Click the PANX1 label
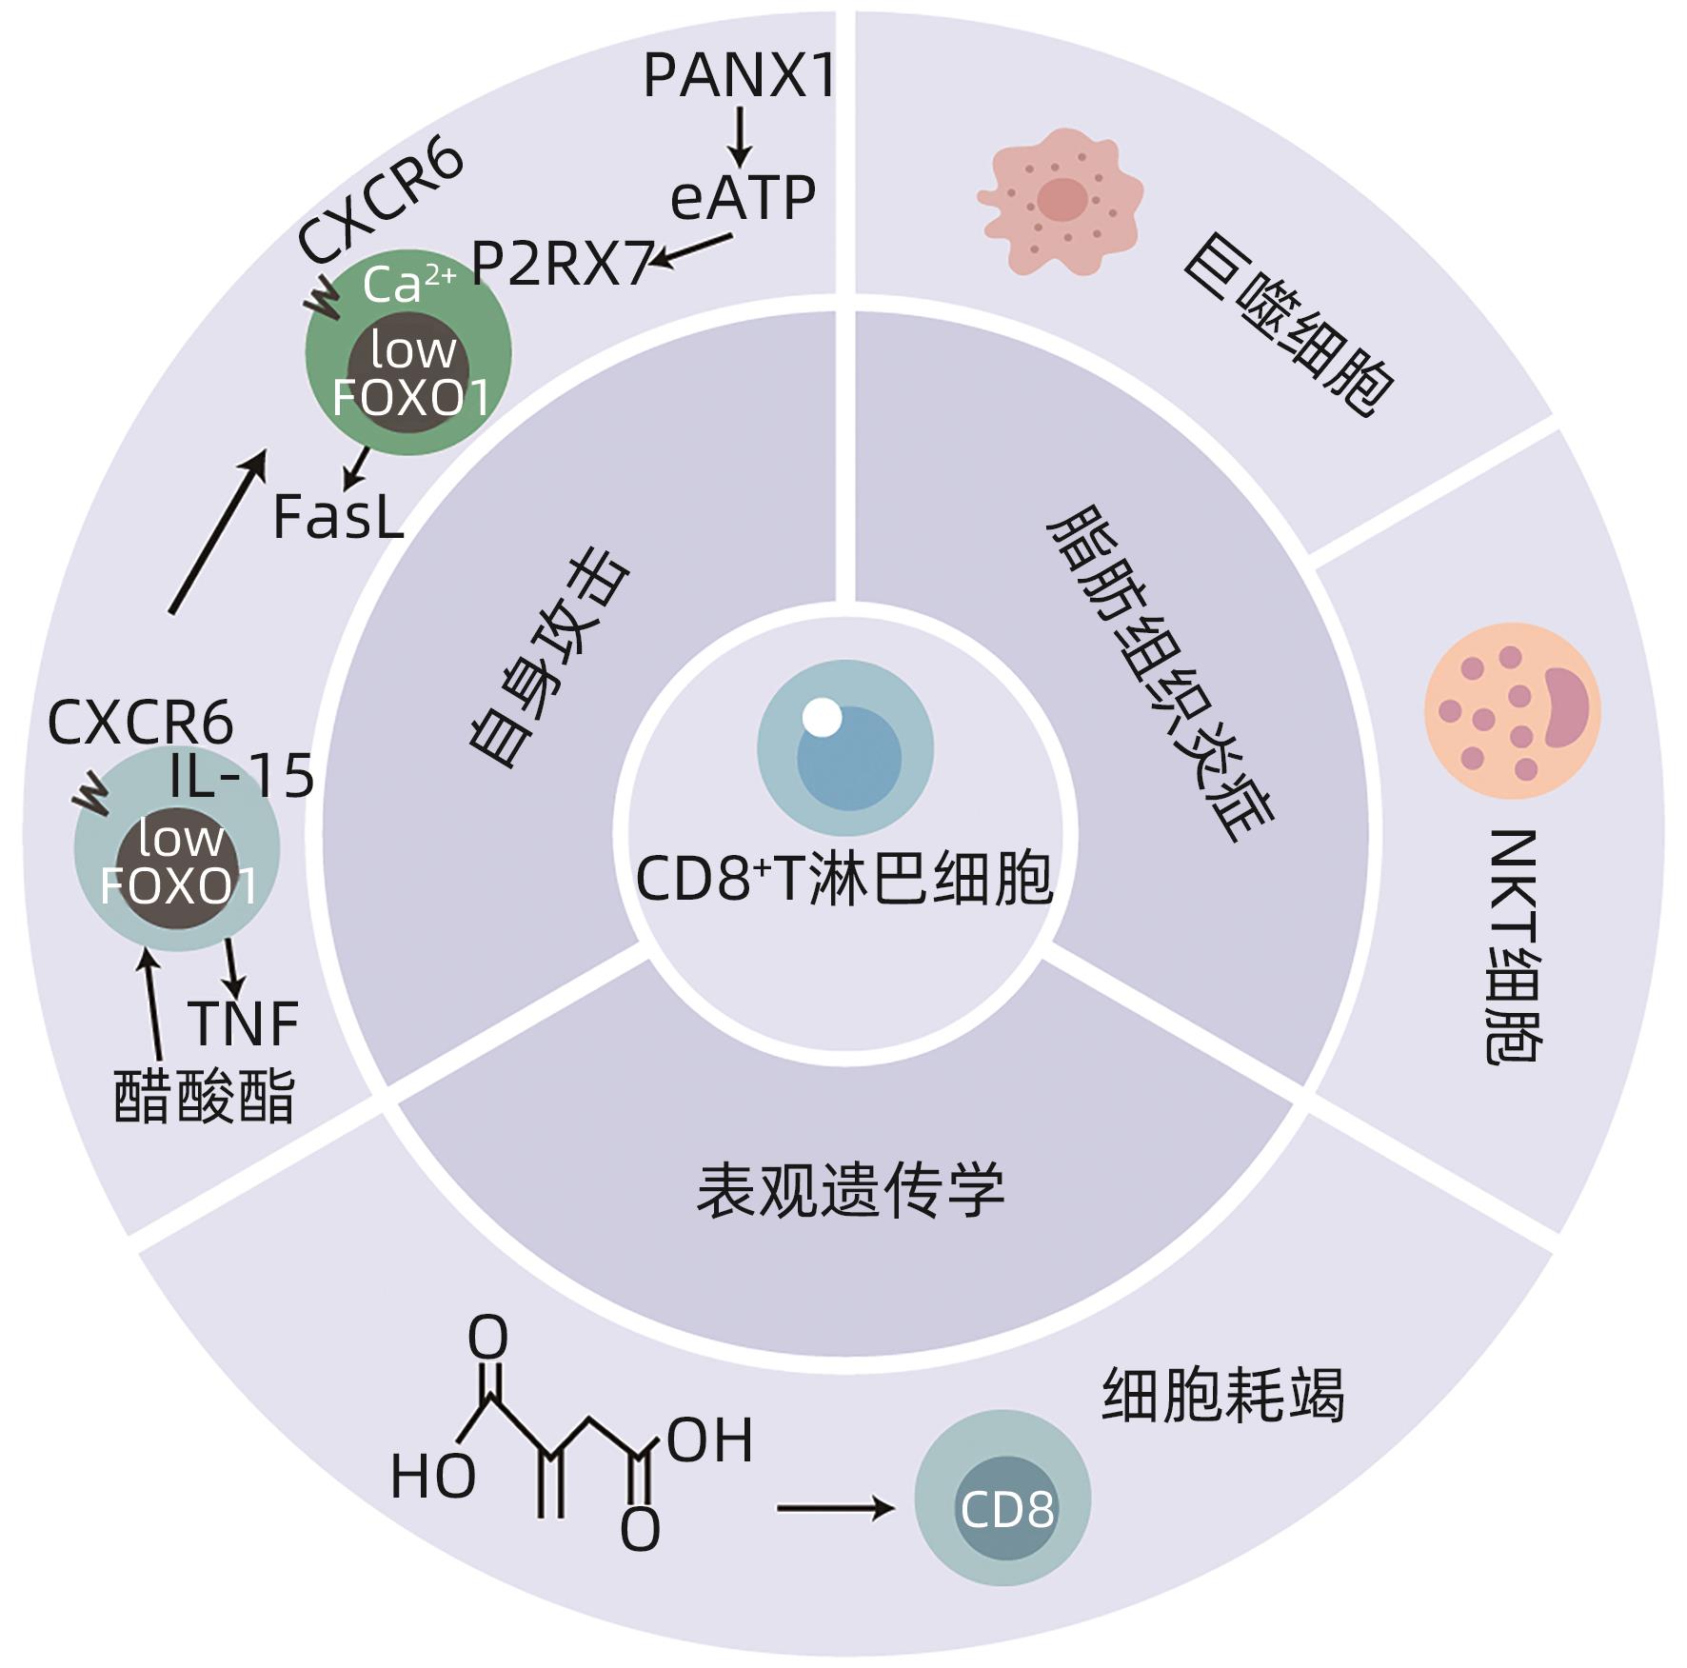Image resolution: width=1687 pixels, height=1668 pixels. pos(740,75)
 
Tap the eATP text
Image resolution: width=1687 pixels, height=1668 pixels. pos(743,198)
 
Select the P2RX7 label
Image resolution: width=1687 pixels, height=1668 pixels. pos(562,264)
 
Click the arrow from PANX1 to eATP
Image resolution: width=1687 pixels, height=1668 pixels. pos(740,138)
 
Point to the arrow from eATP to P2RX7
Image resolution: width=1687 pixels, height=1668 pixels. pos(691,249)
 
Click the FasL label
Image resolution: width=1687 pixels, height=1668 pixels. pos(338,517)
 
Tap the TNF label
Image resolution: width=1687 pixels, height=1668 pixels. pos(245,1023)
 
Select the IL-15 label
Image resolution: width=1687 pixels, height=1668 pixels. pos(242,776)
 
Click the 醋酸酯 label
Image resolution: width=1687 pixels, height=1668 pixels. pos(205,1097)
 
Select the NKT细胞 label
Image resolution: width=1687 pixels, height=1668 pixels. pos(1513,946)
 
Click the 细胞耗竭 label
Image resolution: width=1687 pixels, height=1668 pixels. pos(1222,1396)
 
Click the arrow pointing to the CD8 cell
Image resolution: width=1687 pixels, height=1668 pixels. pos(835,1508)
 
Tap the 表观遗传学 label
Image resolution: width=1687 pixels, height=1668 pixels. pos(850,1190)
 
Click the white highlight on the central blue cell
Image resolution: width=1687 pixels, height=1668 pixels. pos(822,717)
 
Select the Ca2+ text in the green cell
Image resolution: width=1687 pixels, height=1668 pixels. pos(407,284)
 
